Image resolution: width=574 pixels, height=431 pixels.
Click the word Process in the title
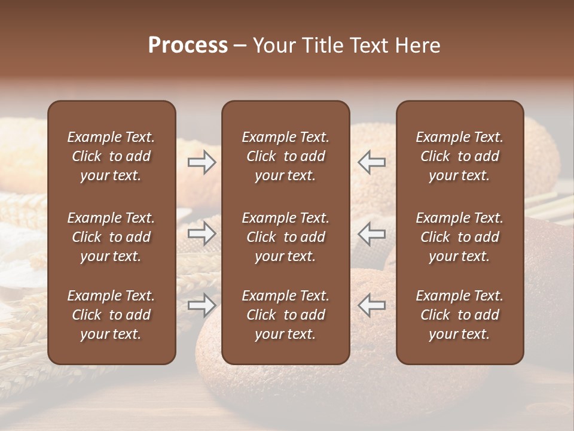coord(188,45)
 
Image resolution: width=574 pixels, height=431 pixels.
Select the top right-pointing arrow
coord(202,162)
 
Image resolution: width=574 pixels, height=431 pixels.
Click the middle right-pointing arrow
coord(202,233)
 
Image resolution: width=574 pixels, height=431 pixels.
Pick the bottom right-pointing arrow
coord(202,305)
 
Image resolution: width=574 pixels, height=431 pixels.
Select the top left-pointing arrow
coord(372,162)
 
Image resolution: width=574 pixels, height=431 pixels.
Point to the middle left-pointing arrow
coord(372,233)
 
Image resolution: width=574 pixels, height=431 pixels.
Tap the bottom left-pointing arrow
coord(372,305)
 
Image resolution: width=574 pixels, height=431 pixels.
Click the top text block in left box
coord(111,156)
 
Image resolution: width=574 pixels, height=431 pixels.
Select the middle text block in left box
coord(111,237)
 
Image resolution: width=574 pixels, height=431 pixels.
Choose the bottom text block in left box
coord(111,315)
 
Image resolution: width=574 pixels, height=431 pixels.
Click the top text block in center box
coord(285,156)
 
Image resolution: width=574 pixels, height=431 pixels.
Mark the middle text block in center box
coord(285,237)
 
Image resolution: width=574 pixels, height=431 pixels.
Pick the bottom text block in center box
coord(285,315)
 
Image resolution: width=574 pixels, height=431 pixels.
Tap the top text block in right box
coord(459,156)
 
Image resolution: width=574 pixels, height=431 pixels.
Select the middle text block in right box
coord(459,237)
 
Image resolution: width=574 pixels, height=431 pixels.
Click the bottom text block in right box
coord(459,315)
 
